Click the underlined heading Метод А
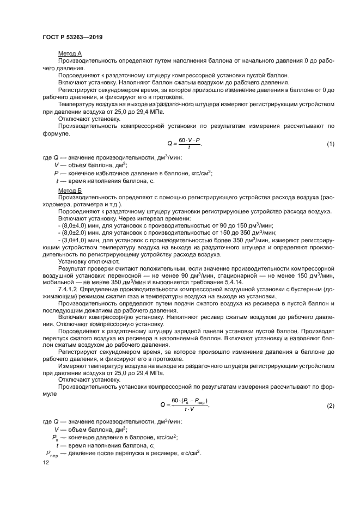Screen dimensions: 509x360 point(70,53)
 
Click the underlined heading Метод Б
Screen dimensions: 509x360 point(70,191)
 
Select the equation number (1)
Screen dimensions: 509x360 point(330,144)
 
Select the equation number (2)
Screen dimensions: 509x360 point(330,406)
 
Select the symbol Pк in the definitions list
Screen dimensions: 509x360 point(55,437)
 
